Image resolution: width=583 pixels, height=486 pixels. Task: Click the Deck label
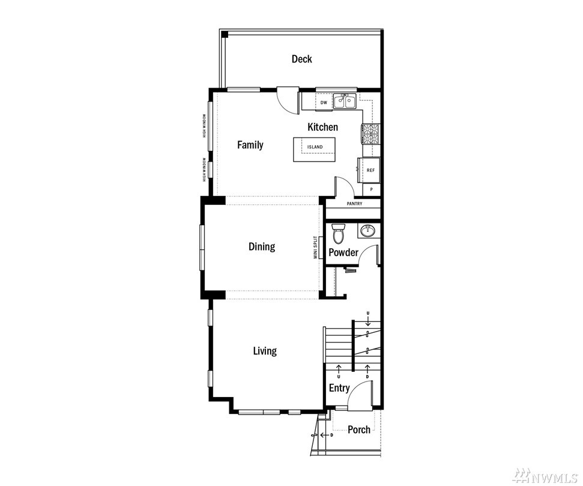[x=301, y=59]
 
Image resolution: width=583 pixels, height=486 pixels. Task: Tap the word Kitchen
[x=323, y=127]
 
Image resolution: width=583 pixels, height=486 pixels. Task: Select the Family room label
[x=250, y=145]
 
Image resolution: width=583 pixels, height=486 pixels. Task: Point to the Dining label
[x=262, y=246]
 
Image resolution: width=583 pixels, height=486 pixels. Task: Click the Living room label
[x=265, y=351]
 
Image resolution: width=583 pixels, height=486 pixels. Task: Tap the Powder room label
[x=343, y=252]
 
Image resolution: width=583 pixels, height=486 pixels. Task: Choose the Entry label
[x=339, y=388]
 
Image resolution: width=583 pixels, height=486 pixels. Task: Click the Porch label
[x=359, y=430]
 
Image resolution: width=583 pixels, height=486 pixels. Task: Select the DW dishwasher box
[x=324, y=102]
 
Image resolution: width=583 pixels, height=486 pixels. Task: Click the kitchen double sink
[x=345, y=101]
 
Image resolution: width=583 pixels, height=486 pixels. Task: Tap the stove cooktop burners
[x=370, y=135]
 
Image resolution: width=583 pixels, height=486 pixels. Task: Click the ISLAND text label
[x=315, y=147]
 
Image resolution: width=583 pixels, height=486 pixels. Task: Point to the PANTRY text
[x=354, y=204]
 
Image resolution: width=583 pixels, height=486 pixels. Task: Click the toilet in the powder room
[x=338, y=233]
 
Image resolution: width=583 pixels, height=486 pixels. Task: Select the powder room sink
[x=369, y=230]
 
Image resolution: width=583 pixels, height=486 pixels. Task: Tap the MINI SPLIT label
[x=315, y=248]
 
